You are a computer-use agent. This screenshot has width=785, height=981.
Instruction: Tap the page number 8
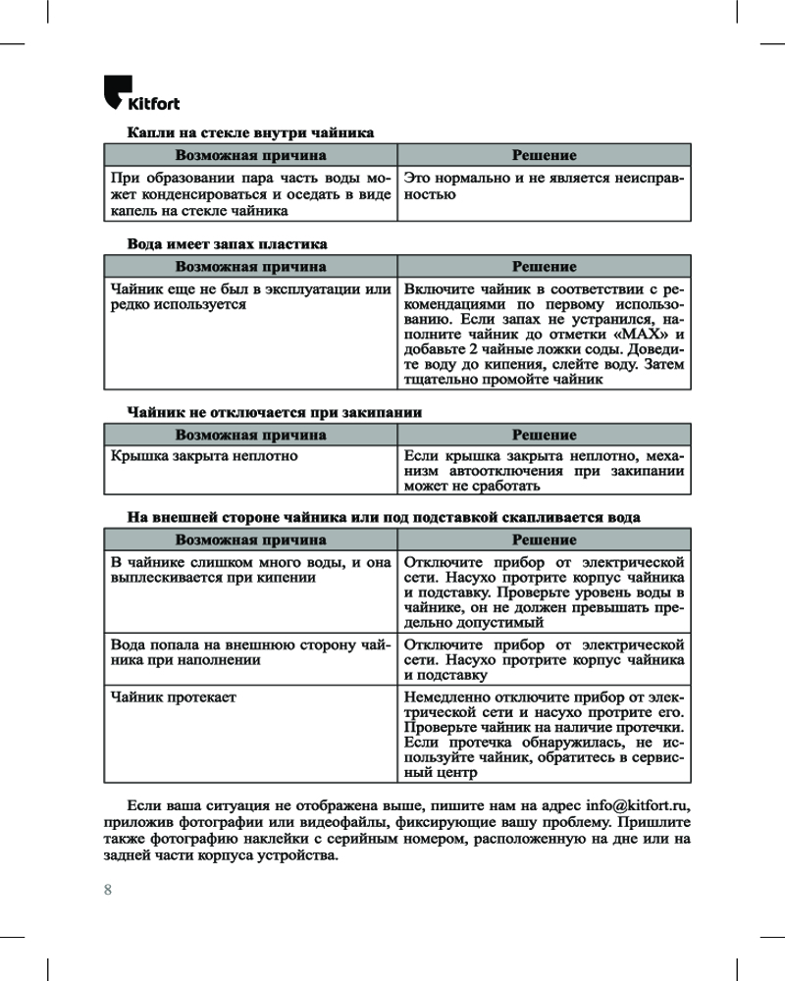[x=108, y=890]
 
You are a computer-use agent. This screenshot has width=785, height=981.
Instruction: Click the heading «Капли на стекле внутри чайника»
[x=250, y=132]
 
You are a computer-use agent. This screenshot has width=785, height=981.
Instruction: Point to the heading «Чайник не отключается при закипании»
[x=275, y=412]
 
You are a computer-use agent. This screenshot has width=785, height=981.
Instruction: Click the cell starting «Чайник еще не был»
[x=250, y=297]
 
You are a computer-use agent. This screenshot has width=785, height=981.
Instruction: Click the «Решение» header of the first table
[x=544, y=155]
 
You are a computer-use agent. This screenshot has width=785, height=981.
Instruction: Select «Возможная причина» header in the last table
[x=250, y=540]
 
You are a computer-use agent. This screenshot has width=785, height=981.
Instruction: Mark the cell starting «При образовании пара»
[x=250, y=194]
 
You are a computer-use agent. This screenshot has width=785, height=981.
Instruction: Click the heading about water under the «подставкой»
[x=384, y=517]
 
